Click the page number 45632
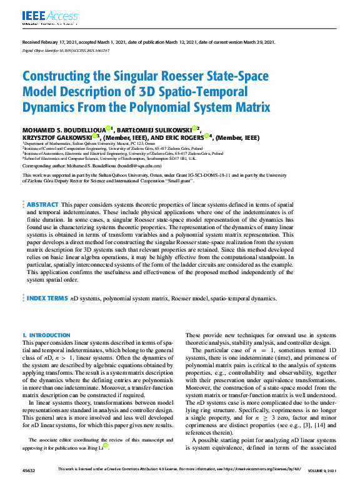(29, 470)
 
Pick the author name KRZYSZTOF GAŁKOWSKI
(57, 138)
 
